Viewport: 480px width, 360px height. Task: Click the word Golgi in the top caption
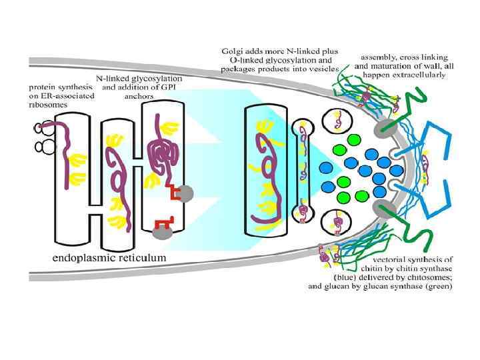(232, 51)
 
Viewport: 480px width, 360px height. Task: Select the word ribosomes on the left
(44, 105)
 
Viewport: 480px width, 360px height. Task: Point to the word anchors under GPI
(139, 95)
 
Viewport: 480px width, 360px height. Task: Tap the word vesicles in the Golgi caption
(323, 69)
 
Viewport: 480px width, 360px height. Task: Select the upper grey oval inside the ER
(185, 193)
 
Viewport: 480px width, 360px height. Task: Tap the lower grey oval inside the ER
(161, 231)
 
